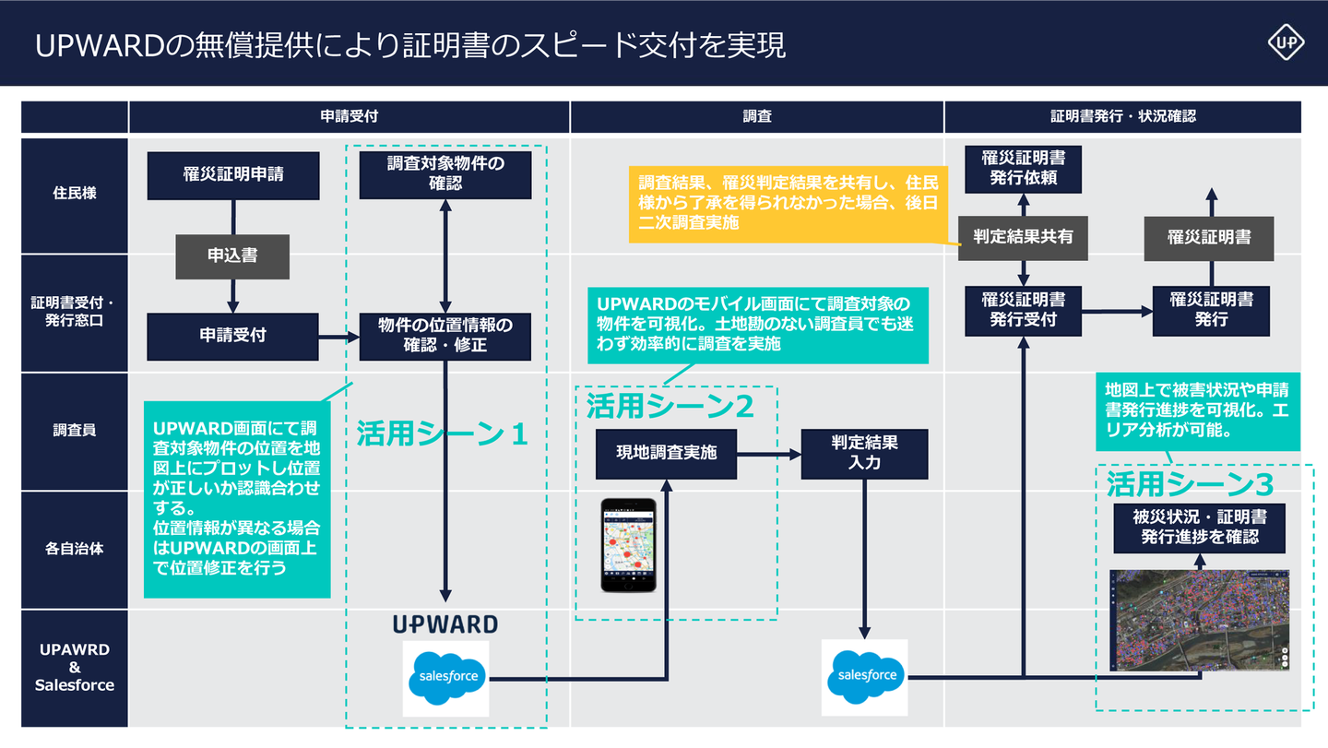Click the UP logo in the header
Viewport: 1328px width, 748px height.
(x=1286, y=42)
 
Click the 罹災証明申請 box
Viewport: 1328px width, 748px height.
(x=233, y=175)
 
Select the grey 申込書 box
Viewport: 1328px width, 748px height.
(x=232, y=256)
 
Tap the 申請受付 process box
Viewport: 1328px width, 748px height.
(x=232, y=336)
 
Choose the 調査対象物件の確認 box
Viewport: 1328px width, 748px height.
(x=445, y=173)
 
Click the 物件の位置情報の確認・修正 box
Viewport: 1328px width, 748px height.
(x=445, y=336)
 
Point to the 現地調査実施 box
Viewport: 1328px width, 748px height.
(x=666, y=454)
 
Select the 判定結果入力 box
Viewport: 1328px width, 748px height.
(x=864, y=454)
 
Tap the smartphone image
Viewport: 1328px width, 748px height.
(x=629, y=545)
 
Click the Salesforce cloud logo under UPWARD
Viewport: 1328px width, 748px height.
(x=446, y=678)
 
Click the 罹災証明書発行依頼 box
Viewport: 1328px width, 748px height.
(x=1023, y=167)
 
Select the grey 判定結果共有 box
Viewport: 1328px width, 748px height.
(x=1023, y=237)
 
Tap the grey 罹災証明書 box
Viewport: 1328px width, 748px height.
(x=1209, y=238)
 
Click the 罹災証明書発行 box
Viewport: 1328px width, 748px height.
(x=1211, y=310)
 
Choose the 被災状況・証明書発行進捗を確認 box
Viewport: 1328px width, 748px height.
(x=1199, y=528)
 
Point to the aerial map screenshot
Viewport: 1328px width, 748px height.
(x=1199, y=620)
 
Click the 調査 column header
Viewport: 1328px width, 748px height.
(x=756, y=117)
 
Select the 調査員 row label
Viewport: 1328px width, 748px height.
(x=75, y=431)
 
